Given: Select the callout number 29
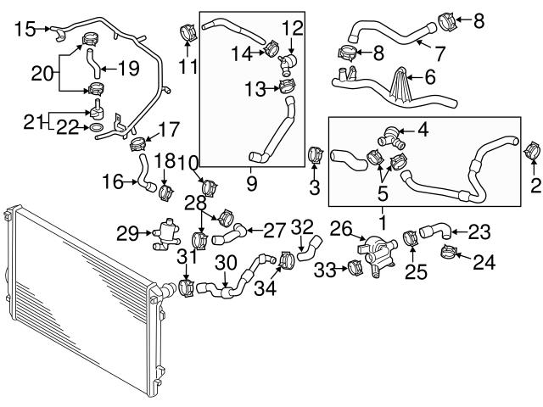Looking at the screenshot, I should (x=127, y=232).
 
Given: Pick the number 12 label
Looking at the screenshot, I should (x=291, y=27).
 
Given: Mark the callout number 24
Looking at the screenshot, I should (x=483, y=265).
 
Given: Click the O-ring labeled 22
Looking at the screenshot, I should (x=98, y=127).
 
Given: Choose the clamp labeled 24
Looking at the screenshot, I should (x=449, y=253).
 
